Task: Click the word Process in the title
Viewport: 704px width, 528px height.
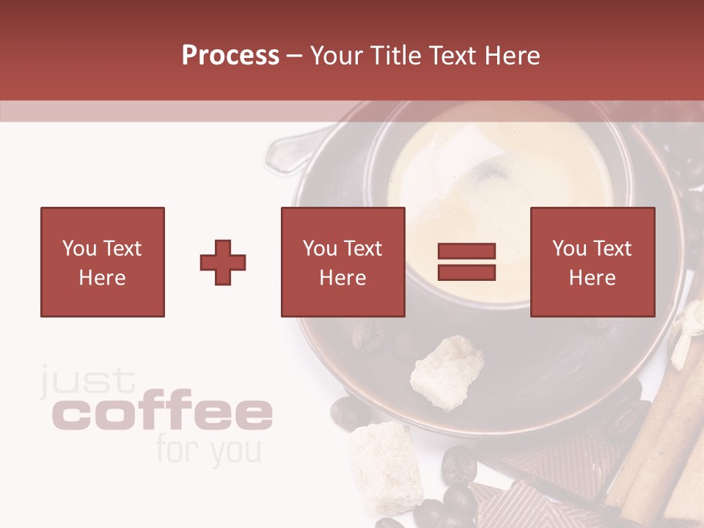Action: coord(230,56)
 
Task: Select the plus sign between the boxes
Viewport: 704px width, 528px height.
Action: coord(223,263)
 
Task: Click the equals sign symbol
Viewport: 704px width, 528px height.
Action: coord(466,262)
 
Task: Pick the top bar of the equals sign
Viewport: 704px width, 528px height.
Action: coord(466,252)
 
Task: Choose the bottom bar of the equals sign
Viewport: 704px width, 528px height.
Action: coord(466,273)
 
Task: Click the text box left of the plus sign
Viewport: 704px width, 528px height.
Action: coord(102,262)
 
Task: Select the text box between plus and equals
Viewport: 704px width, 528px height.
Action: coord(342,262)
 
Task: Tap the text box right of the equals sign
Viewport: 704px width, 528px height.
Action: coord(592,262)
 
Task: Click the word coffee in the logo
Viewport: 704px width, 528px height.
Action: coord(163,414)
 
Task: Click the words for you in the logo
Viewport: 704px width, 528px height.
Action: coord(208,451)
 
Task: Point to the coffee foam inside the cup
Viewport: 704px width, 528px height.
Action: coord(499,183)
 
